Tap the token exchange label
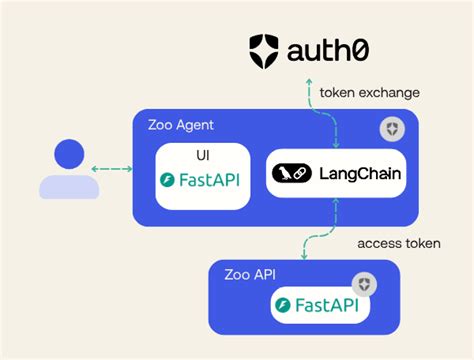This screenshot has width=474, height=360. click(369, 93)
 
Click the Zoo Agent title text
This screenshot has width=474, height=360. click(179, 126)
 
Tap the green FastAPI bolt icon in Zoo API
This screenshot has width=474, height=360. click(286, 306)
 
